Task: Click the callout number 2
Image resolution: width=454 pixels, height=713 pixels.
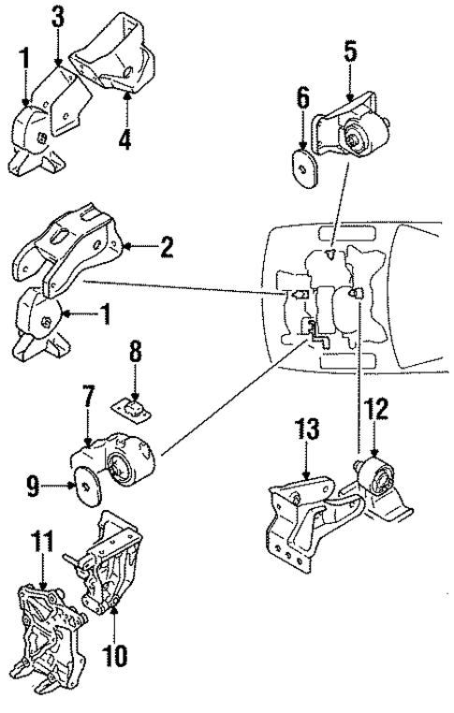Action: click(x=168, y=248)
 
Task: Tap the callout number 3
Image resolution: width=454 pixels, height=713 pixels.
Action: click(x=57, y=17)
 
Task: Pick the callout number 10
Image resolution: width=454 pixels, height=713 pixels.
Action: click(x=113, y=646)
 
